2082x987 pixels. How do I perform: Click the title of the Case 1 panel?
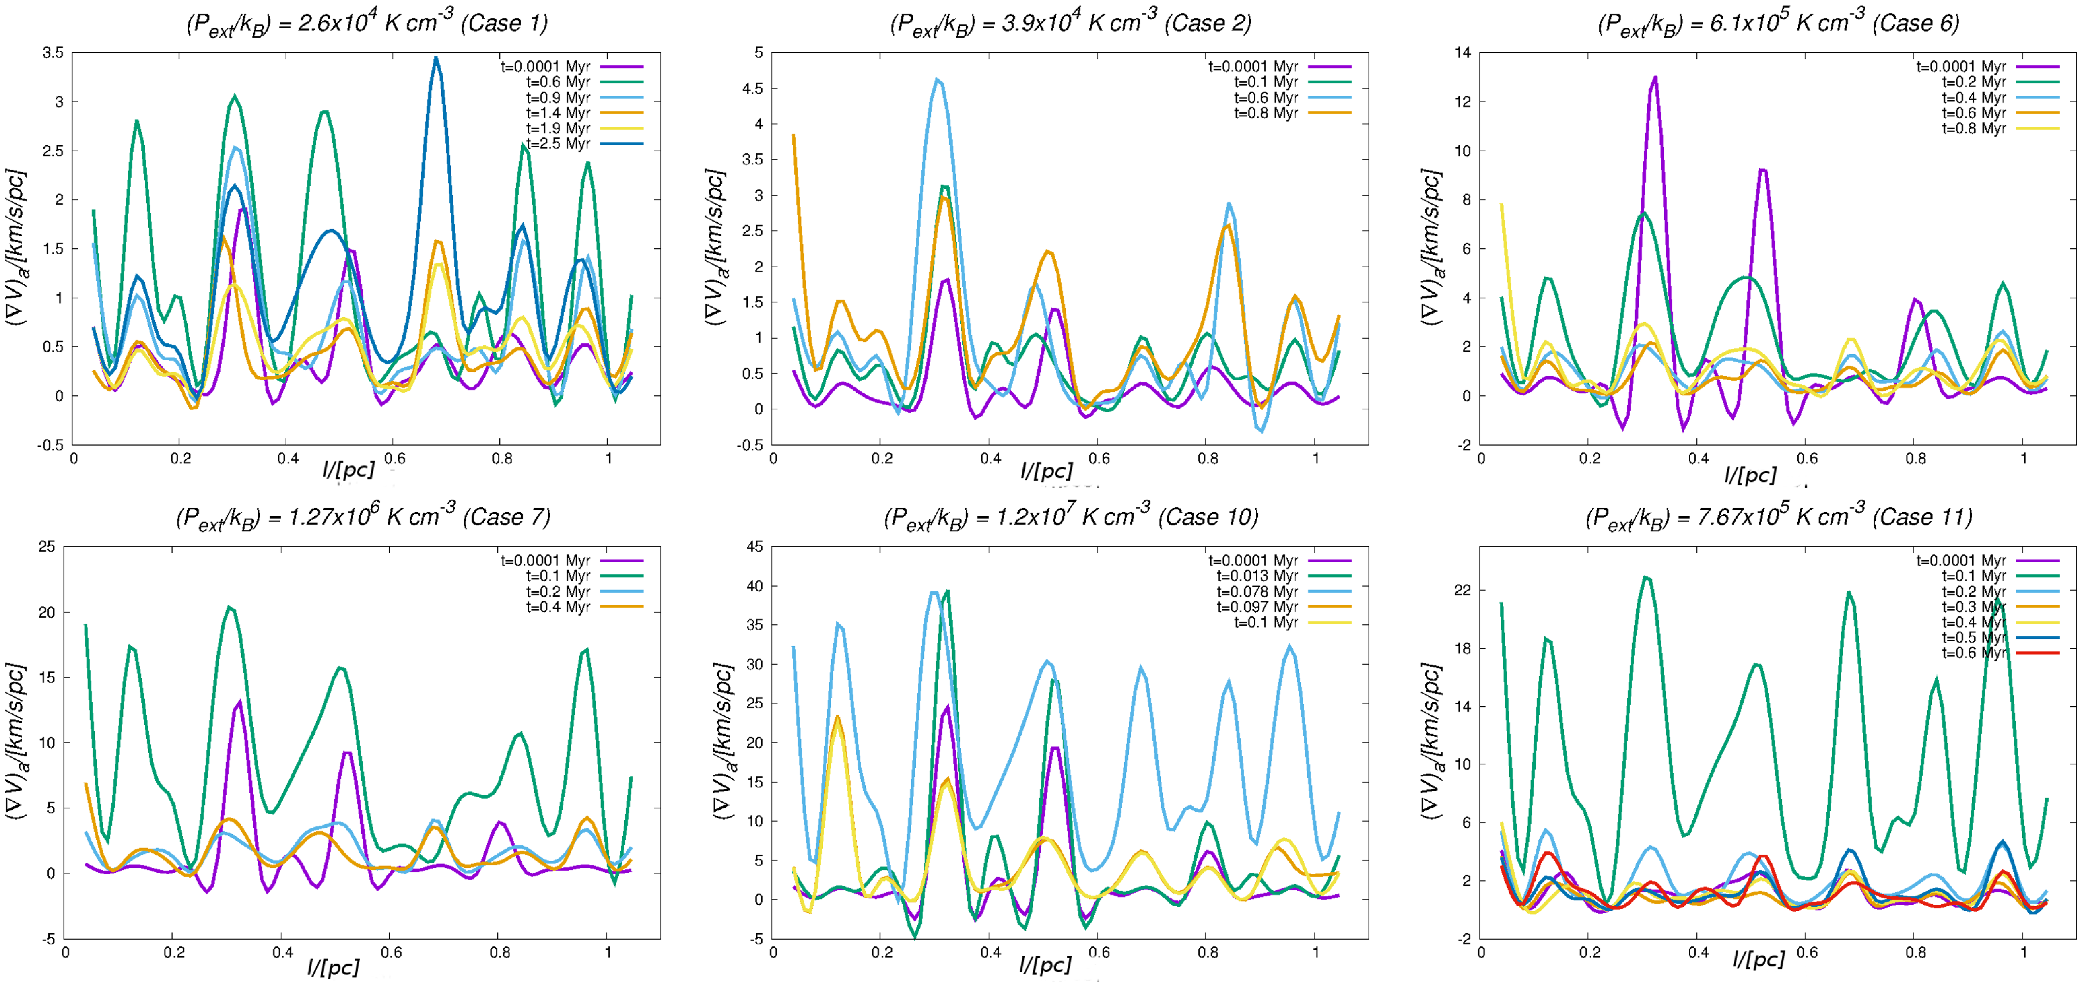[x=367, y=22]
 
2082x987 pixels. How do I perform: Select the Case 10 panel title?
[x=1071, y=517]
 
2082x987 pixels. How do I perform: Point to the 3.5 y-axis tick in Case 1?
[x=53, y=53]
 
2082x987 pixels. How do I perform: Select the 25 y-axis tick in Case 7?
[x=47, y=547]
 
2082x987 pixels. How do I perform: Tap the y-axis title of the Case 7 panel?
[x=16, y=742]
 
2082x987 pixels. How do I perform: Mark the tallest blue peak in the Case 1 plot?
[x=436, y=58]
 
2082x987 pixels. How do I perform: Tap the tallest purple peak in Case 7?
[x=240, y=701]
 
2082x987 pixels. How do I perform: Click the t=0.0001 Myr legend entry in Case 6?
[x=1961, y=66]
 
